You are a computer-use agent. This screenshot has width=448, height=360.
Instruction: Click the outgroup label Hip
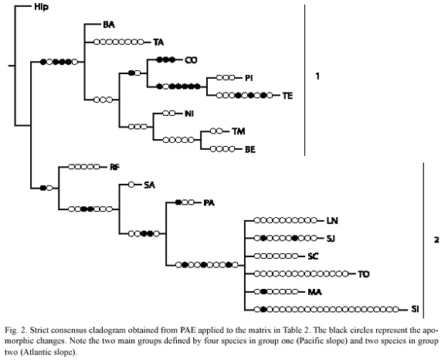tap(41, 7)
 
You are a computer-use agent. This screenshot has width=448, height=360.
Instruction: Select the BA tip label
tap(109, 25)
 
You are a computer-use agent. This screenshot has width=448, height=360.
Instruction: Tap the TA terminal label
tap(158, 42)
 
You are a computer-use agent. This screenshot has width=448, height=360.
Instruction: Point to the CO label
tap(191, 60)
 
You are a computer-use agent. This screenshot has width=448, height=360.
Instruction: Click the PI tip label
tap(249, 78)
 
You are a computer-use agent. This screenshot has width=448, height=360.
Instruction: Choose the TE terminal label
tap(287, 96)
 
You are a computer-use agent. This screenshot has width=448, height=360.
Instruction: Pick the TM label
tap(238, 131)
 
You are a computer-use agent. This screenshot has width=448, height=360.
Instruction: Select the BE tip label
tap(250, 149)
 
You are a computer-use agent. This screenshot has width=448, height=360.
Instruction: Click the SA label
tap(149, 185)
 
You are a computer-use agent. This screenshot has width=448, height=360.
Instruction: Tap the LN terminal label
tap(332, 221)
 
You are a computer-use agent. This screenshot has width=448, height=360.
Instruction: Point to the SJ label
tap(331, 238)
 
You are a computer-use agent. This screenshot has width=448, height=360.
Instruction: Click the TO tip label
tap(364, 274)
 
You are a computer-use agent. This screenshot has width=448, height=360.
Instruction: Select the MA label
tap(314, 292)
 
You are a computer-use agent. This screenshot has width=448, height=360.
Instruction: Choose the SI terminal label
tap(415, 310)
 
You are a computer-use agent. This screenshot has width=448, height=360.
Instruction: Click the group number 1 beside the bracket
tap(317, 76)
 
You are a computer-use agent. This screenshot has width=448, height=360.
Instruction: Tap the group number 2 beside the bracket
tap(436, 240)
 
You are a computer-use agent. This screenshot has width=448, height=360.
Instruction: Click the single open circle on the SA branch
tap(131, 185)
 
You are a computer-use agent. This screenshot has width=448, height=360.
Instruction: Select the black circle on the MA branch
tap(263, 292)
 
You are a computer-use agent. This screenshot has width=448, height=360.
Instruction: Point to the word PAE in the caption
tap(188, 331)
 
